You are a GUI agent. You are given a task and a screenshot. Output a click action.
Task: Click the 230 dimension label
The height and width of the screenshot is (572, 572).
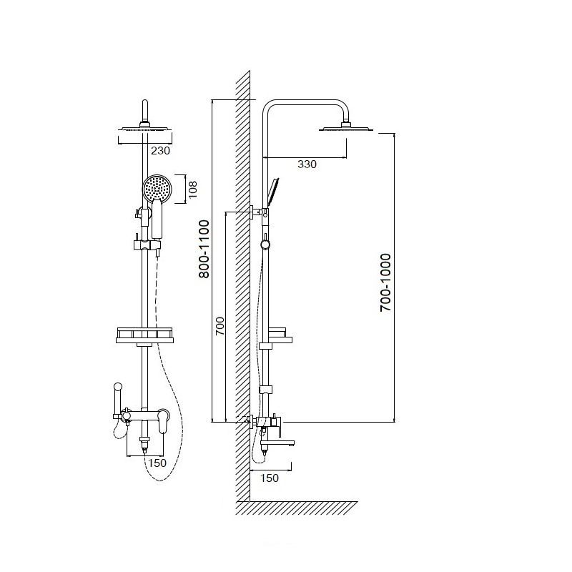160,150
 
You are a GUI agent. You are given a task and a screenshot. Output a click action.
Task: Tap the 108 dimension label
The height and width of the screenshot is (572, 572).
192,189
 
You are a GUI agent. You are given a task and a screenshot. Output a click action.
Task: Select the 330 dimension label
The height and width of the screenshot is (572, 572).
307,164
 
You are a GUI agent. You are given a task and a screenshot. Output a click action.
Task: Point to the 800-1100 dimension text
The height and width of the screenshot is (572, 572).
204,249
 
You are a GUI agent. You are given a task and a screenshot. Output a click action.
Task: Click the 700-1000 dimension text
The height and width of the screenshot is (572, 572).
385,282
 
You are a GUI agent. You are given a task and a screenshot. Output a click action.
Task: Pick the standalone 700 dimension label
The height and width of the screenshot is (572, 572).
220,327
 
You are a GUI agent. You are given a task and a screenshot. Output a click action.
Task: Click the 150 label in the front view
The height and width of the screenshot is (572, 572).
157,463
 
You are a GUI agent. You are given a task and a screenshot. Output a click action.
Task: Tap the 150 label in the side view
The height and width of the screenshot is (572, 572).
270,478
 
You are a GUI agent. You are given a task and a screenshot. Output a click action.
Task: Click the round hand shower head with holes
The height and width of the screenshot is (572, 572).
157,188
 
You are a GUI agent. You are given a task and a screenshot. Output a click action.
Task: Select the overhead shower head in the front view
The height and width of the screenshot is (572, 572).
145,129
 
